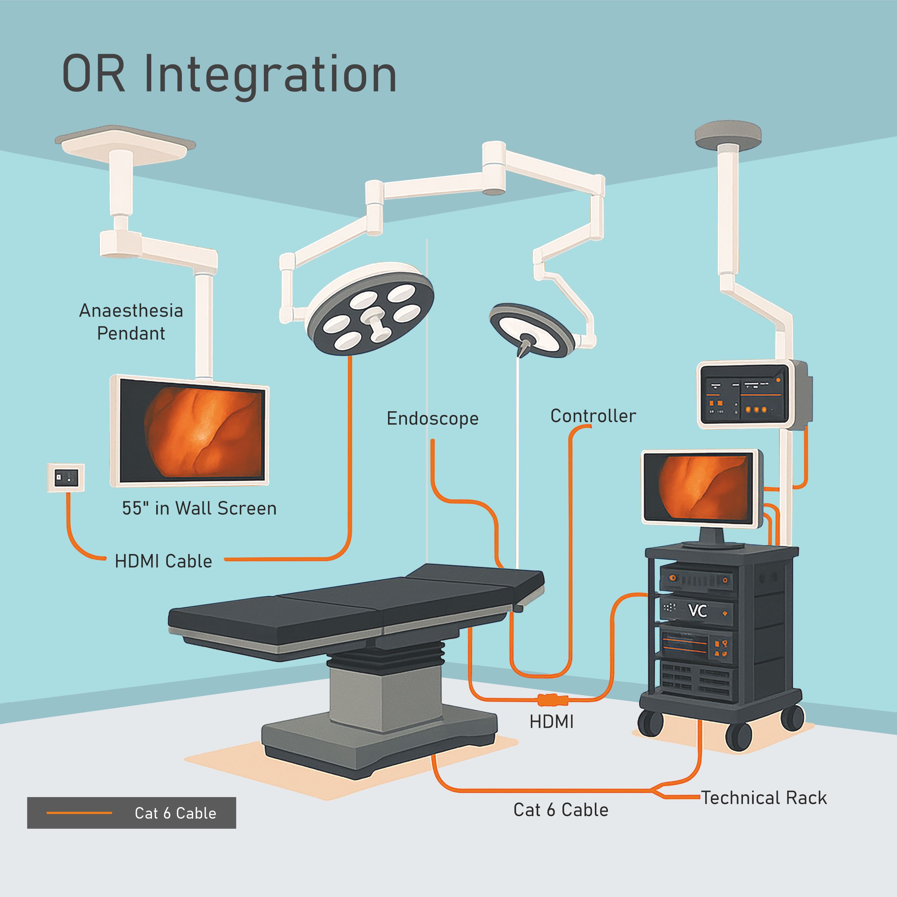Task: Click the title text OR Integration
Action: tap(229, 74)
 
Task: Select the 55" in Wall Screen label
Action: tap(199, 508)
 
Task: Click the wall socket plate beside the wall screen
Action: tap(66, 478)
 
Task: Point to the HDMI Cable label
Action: tap(164, 561)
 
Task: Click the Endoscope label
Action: tap(432, 418)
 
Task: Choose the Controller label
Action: tap(593, 416)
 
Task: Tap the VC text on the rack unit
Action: tap(697, 611)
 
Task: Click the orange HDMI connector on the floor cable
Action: tap(553, 699)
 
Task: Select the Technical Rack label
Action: tap(764, 798)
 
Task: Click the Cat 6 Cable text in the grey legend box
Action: tap(175, 813)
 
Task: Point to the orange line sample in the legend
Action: tap(79, 813)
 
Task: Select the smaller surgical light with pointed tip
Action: tap(532, 330)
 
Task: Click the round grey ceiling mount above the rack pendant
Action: tap(727, 134)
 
